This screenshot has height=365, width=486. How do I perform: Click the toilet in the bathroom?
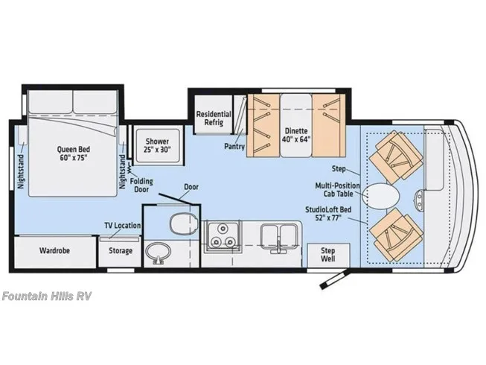click(184, 223)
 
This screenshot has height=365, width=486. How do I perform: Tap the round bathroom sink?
click(158, 253)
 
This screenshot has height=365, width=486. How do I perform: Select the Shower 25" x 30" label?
click(158, 145)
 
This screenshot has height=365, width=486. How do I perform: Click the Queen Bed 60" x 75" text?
click(74, 153)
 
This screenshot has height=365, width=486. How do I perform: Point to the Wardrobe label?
click(54, 250)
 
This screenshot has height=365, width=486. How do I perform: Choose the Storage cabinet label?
click(121, 250)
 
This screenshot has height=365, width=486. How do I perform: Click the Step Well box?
click(328, 256)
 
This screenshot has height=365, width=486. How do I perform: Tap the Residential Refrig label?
click(214, 118)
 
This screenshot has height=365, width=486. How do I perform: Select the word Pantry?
click(234, 146)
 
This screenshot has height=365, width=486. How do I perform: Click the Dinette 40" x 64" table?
click(296, 125)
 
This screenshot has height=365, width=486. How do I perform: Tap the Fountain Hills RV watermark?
click(46, 296)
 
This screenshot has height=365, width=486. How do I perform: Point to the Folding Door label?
click(141, 185)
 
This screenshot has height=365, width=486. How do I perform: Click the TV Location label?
click(122, 226)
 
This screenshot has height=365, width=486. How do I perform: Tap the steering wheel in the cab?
click(420, 199)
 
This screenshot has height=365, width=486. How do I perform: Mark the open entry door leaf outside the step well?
click(335, 279)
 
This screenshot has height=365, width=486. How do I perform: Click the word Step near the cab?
click(339, 168)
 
